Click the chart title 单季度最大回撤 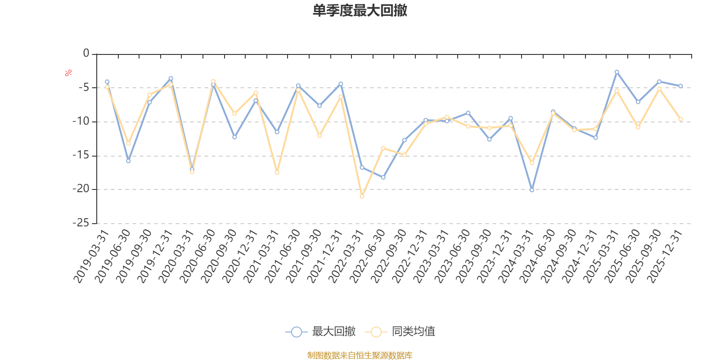click(x=360, y=11)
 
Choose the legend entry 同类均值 click(x=400, y=332)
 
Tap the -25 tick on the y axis click(x=81, y=223)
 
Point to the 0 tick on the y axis click(x=86, y=54)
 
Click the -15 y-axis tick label click(x=81, y=155)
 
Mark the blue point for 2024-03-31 click(x=532, y=190)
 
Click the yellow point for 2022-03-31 click(x=362, y=197)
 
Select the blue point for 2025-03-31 click(x=617, y=72)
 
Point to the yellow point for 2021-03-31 click(x=277, y=172)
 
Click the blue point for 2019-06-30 click(x=128, y=161)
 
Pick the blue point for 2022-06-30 click(x=383, y=177)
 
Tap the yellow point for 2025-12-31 click(x=680, y=119)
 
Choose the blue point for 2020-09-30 click(x=234, y=137)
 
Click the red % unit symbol click(x=68, y=73)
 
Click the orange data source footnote click(x=360, y=355)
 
